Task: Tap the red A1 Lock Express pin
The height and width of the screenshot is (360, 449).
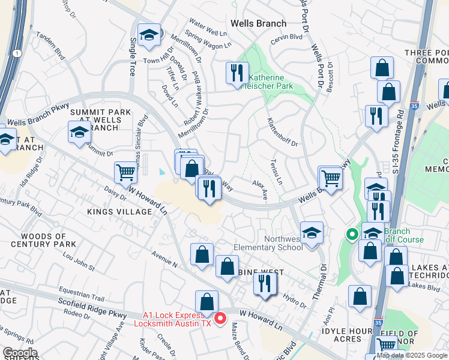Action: (220, 317)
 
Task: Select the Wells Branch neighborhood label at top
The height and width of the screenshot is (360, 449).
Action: (259, 23)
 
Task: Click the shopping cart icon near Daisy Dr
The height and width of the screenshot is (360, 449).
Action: (126, 172)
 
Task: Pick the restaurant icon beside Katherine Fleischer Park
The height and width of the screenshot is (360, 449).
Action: (237, 73)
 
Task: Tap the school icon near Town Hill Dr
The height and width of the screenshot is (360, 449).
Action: (148, 35)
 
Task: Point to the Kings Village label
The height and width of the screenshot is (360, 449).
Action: (119, 212)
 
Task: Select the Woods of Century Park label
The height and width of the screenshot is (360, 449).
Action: (49, 240)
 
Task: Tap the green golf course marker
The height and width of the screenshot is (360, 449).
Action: (351, 234)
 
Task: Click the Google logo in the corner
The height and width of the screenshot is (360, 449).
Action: (20, 353)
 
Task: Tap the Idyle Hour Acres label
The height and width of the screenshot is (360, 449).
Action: (350, 334)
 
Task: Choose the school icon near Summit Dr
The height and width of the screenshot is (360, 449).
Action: (79, 133)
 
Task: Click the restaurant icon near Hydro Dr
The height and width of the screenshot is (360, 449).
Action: (264, 283)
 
